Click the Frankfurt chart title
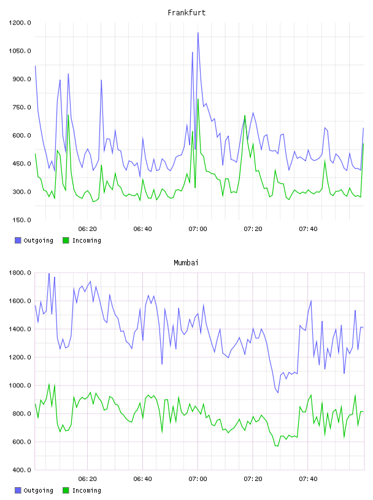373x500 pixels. click(x=186, y=13)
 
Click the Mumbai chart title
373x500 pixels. click(x=186, y=263)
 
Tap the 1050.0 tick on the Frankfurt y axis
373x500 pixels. click(x=20, y=51)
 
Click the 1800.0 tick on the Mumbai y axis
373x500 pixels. click(x=20, y=273)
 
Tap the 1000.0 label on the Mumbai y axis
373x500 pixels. click(x=20, y=385)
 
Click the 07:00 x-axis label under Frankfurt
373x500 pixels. click(x=198, y=229)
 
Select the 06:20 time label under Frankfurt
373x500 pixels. click(x=88, y=229)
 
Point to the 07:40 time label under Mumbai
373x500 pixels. click(x=308, y=479)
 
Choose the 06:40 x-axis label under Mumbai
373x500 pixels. click(x=143, y=479)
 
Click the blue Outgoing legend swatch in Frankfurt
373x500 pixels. click(x=18, y=240)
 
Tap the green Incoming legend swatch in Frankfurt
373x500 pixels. click(x=66, y=240)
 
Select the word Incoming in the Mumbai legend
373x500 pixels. click(x=87, y=490)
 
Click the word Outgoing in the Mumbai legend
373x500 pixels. click(x=38, y=490)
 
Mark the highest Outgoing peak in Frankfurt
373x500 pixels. click(x=198, y=32)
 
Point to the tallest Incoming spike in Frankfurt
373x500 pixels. click(x=198, y=99)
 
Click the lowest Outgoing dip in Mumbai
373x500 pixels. click(x=278, y=393)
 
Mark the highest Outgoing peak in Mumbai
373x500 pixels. click(x=49, y=273)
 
